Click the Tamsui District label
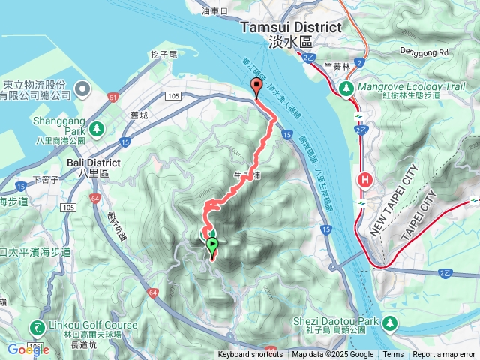coord(290,27)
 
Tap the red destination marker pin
coord(256,88)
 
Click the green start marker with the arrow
coord(212,244)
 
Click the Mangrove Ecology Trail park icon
coord(346,88)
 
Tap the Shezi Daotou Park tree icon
coord(390,322)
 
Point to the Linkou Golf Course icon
coord(36,327)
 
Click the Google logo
coord(28,349)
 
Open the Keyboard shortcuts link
coord(250,355)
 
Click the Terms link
coord(393,355)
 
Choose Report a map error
coord(444,355)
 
